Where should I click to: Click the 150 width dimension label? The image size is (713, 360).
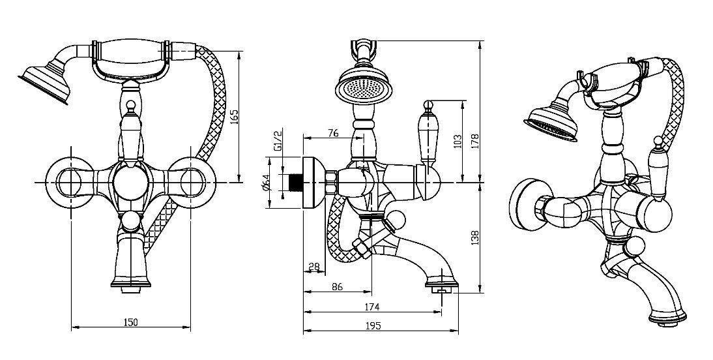[x=130, y=322]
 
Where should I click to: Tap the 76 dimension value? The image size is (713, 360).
[x=332, y=133]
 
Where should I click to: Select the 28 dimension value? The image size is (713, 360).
[x=315, y=265]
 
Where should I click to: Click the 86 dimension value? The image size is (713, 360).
[x=337, y=286]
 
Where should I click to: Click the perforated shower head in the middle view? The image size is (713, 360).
[x=359, y=89]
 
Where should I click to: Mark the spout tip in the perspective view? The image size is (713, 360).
[x=666, y=318]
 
